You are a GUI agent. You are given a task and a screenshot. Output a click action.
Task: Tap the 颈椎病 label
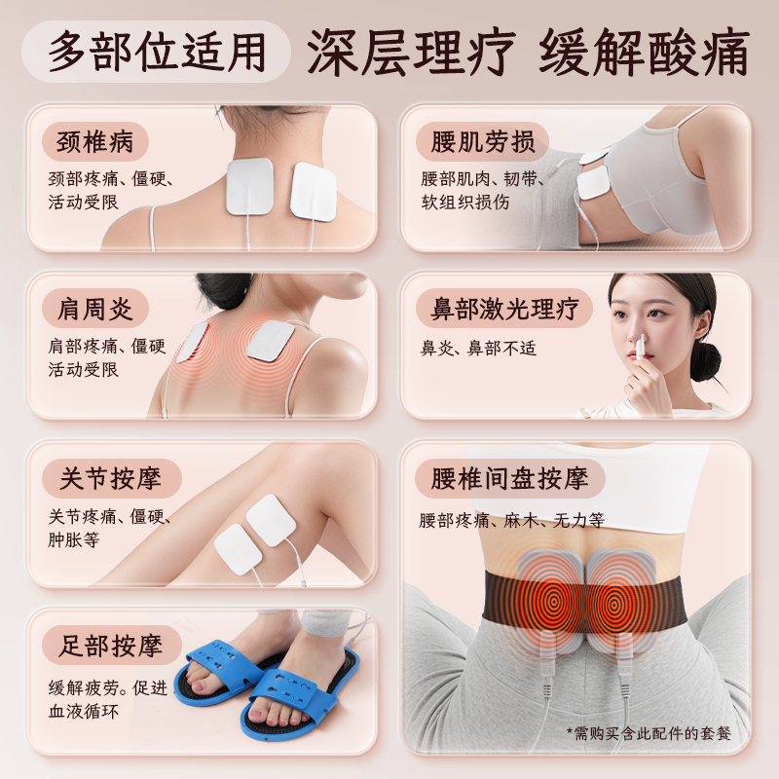tap(94, 141)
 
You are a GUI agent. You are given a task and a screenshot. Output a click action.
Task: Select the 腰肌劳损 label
tap(483, 141)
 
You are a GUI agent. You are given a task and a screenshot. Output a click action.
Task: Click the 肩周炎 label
tap(94, 309)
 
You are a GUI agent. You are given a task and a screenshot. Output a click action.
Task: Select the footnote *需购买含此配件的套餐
tap(648, 732)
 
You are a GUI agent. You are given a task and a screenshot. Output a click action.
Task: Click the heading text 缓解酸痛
tap(644, 51)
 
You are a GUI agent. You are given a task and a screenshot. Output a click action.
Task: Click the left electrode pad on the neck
tap(249, 186)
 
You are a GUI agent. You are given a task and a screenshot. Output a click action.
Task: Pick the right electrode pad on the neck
tap(314, 190)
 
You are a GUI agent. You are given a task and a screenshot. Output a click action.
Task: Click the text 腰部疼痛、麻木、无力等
tap(512, 521)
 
